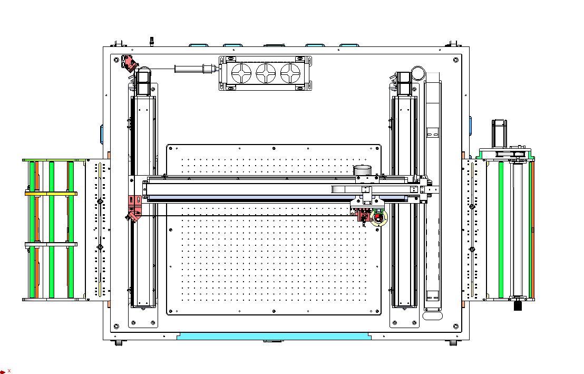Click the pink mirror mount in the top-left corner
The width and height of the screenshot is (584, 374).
click(128, 63)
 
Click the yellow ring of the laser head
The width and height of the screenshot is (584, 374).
click(378, 218)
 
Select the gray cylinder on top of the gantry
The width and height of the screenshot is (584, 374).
click(363, 170)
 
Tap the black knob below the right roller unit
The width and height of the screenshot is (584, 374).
click(518, 305)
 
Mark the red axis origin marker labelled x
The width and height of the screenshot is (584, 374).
click(4, 371)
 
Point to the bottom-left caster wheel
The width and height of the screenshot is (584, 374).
click(119, 342)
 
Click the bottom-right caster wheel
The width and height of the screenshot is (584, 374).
click(453, 342)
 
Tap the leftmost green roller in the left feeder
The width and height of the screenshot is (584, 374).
click(33, 229)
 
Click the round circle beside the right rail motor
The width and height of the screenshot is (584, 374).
click(418, 73)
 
